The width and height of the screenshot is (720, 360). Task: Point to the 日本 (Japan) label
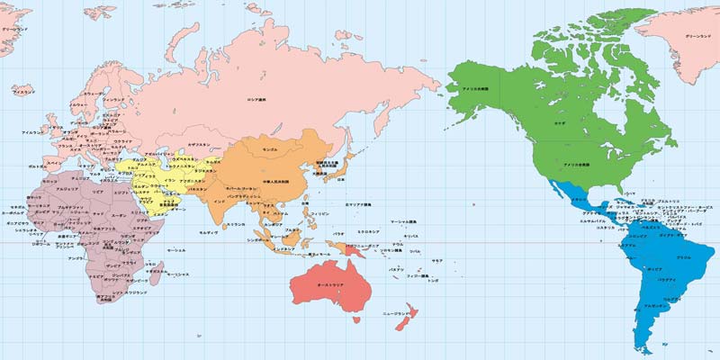(340, 180)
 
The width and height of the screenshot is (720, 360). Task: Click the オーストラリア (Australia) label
(311, 284)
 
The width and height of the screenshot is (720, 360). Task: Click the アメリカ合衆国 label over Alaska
(474, 88)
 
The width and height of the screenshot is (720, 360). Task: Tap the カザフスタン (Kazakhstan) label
(199, 145)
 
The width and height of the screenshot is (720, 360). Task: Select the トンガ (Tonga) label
(434, 281)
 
